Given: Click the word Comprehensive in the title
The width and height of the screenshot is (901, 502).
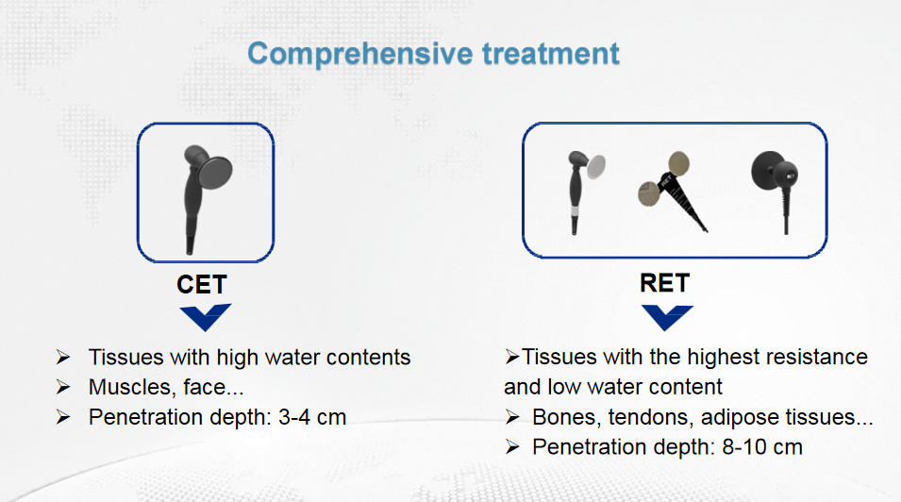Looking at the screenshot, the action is (360, 55).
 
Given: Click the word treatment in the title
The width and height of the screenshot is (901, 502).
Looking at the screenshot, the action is (550, 54).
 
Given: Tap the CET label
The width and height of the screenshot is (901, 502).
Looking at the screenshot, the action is (202, 285).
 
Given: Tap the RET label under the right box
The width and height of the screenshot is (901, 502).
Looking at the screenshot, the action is (664, 283).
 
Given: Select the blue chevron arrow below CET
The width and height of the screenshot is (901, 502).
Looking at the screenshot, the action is (205, 317).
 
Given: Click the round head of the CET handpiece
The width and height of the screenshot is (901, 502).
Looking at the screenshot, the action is (215, 172).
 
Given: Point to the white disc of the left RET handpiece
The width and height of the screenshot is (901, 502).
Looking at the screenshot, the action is (596, 167).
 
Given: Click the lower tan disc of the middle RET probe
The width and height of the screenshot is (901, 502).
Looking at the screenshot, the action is (649, 193).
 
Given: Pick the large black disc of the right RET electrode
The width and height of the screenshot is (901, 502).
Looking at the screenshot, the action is (768, 169).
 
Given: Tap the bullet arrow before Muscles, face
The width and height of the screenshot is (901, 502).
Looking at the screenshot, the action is (63, 387).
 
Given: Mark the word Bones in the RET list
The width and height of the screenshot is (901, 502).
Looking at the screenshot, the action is (567, 417).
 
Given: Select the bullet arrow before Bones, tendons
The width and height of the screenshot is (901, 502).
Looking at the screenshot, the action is (512, 417).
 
